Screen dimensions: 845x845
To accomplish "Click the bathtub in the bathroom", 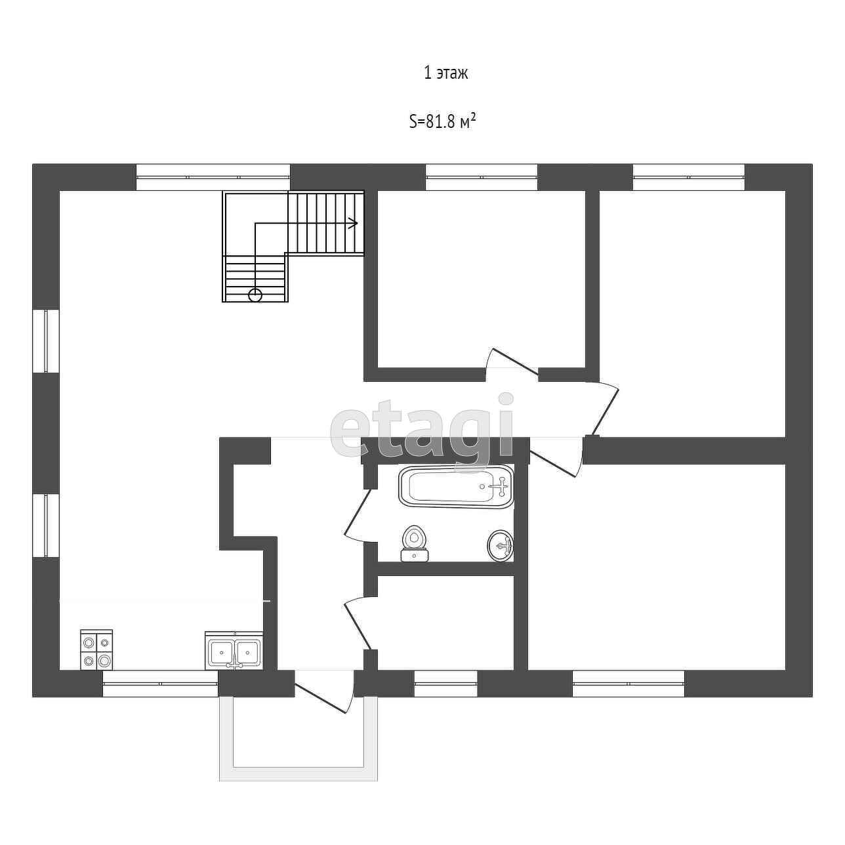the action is (x=456, y=486).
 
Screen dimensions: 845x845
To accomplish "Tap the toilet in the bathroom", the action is (x=414, y=544).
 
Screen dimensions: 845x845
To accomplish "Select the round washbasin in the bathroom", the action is (x=501, y=546).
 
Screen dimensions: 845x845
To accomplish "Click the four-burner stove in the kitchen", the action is (x=96, y=649).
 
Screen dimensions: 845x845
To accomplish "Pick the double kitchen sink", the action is (x=234, y=651).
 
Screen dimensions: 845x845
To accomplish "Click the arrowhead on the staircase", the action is (x=354, y=223).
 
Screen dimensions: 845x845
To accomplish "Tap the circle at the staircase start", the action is (x=255, y=295).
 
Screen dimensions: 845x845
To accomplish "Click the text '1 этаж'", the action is (x=445, y=73).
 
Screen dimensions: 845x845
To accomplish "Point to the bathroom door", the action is (x=358, y=516).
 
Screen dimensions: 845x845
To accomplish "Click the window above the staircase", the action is (x=213, y=176).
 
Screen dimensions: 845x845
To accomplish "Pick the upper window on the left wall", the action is (x=46, y=340).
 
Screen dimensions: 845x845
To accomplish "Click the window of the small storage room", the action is (x=445, y=684).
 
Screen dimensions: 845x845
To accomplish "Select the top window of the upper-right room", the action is (x=689, y=176).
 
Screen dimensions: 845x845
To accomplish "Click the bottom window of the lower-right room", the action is (x=629, y=684).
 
